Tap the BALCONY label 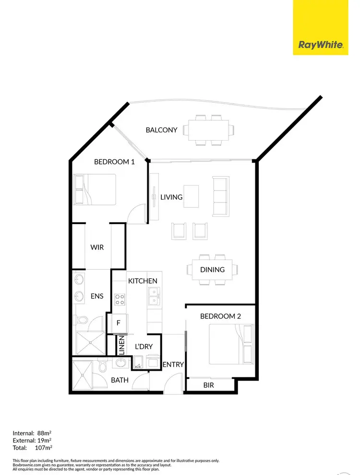pos(162,130)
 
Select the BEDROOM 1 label pos(114,162)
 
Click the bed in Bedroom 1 pos(95,189)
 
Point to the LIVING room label pos(171,197)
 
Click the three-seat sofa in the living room pos(220,197)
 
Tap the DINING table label pos(213,270)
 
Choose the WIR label pos(97,248)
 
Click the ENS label pos(97,297)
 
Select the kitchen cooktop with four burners pos(120,299)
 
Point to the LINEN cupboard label pos(121,345)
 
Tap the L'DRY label pos(144,346)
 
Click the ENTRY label pos(173,365)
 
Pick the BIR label pos(208,385)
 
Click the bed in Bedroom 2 pos(227,344)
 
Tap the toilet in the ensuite pos(83,320)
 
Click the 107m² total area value pos(44,448)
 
